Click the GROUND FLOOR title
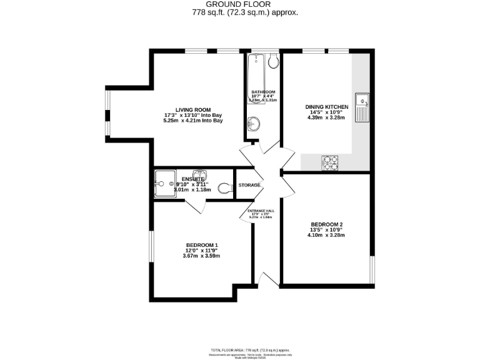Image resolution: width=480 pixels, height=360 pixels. point(241,4)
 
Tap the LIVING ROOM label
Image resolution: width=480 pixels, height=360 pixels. point(192,109)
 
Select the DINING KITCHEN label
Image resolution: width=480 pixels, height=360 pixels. point(327,107)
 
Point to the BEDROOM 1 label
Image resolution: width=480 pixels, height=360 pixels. point(202,244)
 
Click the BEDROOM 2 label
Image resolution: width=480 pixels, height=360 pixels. point(327,224)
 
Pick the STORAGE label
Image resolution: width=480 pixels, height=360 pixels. point(249,185)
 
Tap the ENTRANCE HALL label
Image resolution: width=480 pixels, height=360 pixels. point(262,211)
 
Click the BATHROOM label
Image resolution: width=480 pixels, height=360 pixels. point(263,91)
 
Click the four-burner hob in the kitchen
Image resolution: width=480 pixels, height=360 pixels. point(330,162)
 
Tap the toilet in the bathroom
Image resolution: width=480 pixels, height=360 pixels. point(274,61)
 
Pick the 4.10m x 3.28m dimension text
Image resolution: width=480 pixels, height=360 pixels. point(327,235)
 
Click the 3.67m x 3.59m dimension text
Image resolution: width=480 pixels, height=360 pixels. point(202,255)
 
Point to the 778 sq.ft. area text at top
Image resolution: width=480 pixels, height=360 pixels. point(240,12)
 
